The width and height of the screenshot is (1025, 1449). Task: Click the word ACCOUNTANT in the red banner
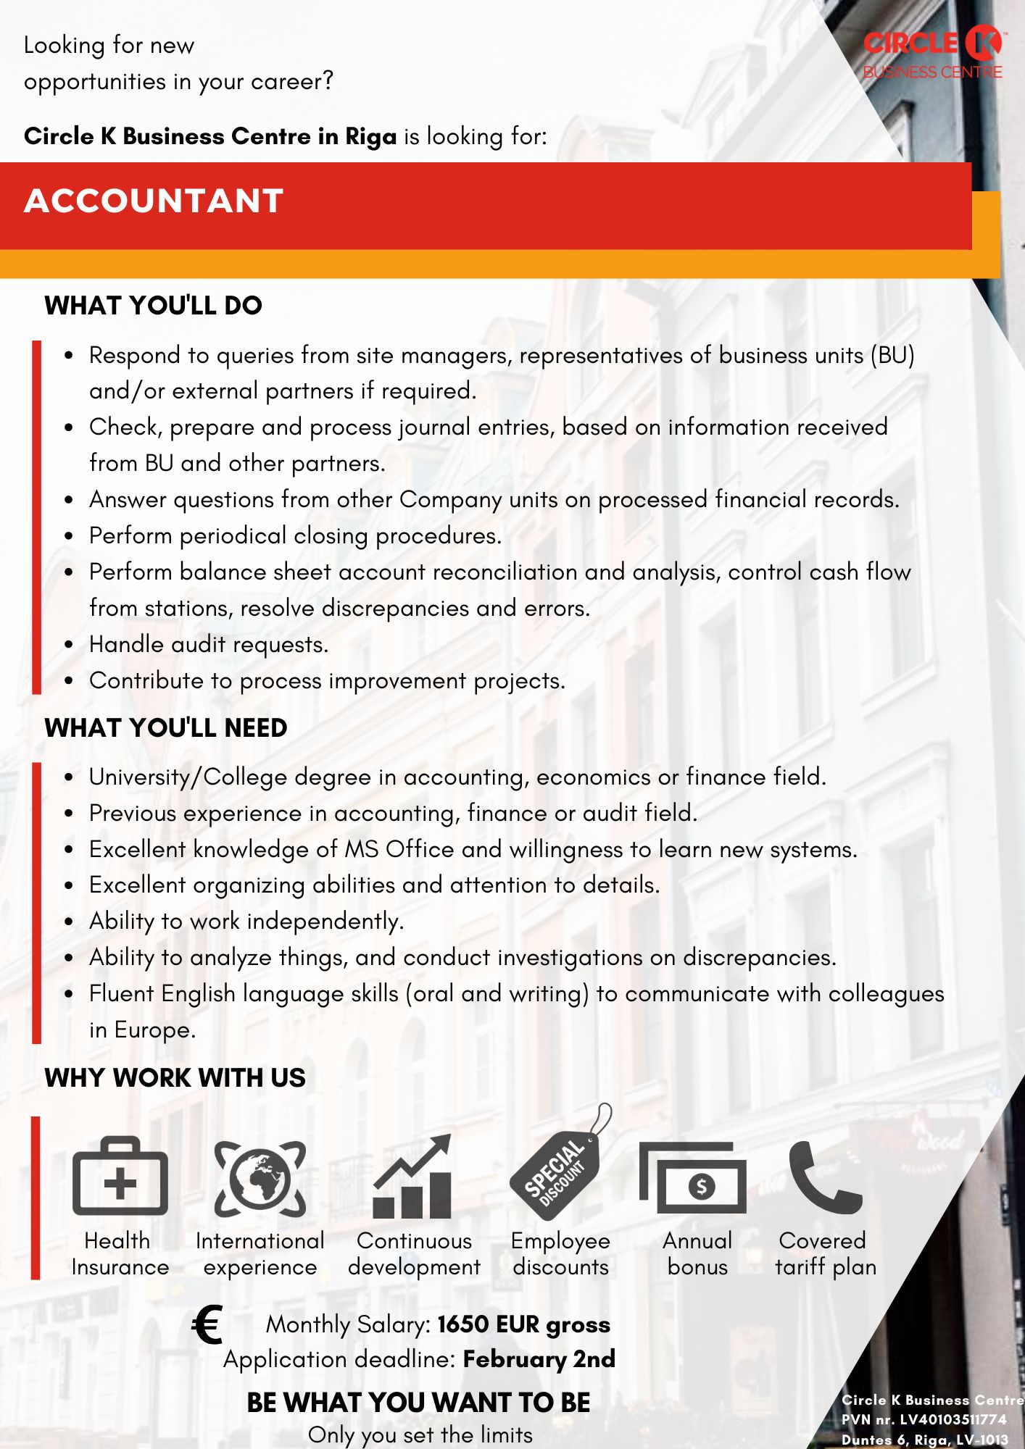(154, 201)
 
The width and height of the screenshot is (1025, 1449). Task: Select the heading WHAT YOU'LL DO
(153, 306)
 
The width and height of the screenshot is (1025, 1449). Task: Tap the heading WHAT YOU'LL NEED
(166, 728)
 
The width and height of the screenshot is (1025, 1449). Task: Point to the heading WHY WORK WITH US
(175, 1078)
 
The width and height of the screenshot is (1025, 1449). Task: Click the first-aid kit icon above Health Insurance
(120, 1176)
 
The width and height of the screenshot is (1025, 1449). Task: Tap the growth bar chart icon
(412, 1177)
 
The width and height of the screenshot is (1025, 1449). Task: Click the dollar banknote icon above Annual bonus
(693, 1178)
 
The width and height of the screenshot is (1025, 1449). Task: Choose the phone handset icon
(824, 1177)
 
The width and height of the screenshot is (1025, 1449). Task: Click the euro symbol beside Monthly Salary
(208, 1325)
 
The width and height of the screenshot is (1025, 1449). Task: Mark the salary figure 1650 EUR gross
(523, 1324)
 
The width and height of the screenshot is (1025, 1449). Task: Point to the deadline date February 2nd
(539, 1359)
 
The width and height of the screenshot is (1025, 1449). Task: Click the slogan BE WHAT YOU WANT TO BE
(418, 1403)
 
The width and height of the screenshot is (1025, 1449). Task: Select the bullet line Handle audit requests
(209, 644)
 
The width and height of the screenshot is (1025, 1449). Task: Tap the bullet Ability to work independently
(246, 921)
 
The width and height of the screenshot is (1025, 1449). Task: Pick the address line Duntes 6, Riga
(925, 1440)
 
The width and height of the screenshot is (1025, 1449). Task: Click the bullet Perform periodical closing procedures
(295, 535)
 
